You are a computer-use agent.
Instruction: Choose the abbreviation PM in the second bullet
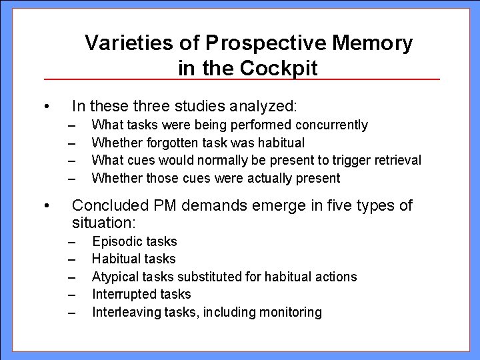pyautogui.click(x=171, y=205)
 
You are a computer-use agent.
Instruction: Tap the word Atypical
pyautogui.click(x=115, y=277)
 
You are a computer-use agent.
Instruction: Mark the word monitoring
pyautogui.click(x=289, y=312)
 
